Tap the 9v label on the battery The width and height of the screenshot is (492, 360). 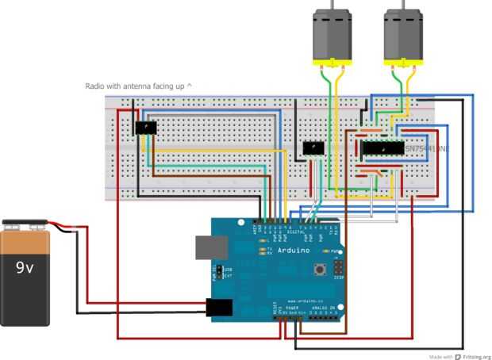pos(25,267)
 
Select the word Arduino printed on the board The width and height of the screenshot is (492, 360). pos(271,249)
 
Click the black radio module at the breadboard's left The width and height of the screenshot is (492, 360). pos(146,128)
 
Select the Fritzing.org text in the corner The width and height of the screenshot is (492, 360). pos(475,356)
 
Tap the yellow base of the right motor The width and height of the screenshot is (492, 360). pos(402,62)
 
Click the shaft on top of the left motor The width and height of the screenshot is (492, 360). pos(332,4)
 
